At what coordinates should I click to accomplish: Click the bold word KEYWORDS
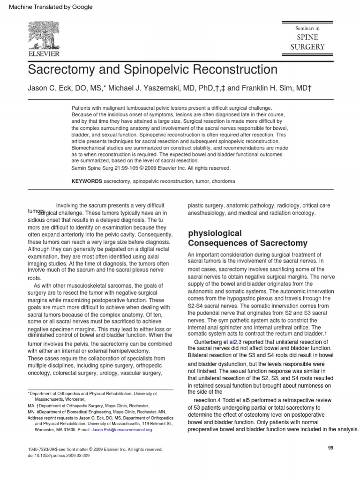[x=86, y=181]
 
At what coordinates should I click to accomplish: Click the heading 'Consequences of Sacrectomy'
[x=247, y=243]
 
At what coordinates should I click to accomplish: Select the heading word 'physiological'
[x=215, y=233]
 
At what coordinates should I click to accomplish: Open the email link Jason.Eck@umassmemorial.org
[x=121, y=429]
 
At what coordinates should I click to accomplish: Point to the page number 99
[x=330, y=448]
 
